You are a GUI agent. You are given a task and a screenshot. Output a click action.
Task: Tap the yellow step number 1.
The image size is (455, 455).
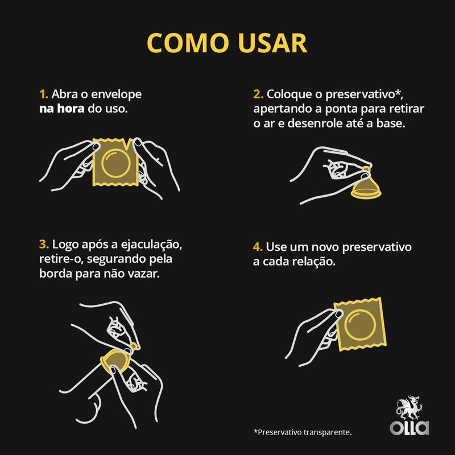(43, 93)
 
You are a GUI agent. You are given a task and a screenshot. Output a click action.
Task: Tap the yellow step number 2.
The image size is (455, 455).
(257, 93)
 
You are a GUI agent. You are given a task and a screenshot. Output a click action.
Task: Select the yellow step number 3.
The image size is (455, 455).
(44, 244)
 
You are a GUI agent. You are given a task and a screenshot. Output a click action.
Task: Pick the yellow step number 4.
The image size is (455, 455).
(257, 249)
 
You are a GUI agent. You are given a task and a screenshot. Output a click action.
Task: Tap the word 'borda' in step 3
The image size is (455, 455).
(56, 274)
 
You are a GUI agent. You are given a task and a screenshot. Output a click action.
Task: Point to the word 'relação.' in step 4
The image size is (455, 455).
(316, 263)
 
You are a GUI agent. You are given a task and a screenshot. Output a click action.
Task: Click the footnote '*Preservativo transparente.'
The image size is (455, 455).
(303, 432)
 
